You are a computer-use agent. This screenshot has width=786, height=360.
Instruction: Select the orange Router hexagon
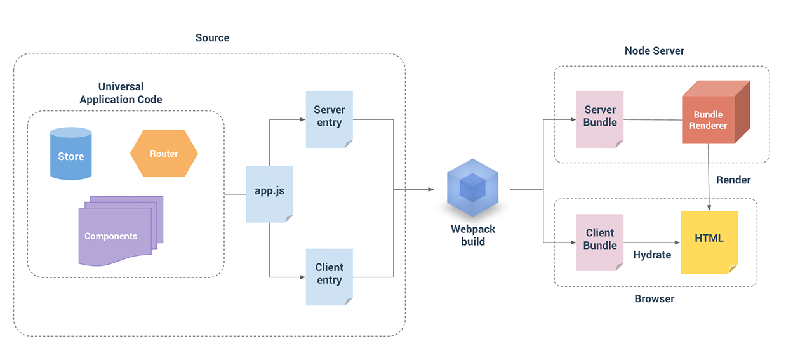pos(164,154)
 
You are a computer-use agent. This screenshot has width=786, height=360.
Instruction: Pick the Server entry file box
pos(329,119)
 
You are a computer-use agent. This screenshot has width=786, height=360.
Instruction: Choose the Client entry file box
pos(329,276)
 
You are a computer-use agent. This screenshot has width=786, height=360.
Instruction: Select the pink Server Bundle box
pos(600,119)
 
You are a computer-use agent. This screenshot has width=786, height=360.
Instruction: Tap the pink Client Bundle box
pos(600,241)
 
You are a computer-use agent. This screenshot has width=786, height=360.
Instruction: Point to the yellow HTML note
pos(709,241)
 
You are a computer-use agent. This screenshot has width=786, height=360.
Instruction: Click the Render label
pos(733,180)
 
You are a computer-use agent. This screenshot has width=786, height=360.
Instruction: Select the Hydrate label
pos(651,255)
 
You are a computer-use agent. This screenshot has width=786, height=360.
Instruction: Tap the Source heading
pos(212,38)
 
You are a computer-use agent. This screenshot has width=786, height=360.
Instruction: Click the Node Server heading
pos(654,51)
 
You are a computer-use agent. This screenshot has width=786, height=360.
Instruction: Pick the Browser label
pos(654,298)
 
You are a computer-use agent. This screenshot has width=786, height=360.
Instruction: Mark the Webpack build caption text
pos(472,236)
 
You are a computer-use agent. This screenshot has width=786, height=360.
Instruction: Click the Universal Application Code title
pos(121,93)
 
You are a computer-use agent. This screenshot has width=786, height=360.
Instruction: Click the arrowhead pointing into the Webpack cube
pos(430,189)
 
